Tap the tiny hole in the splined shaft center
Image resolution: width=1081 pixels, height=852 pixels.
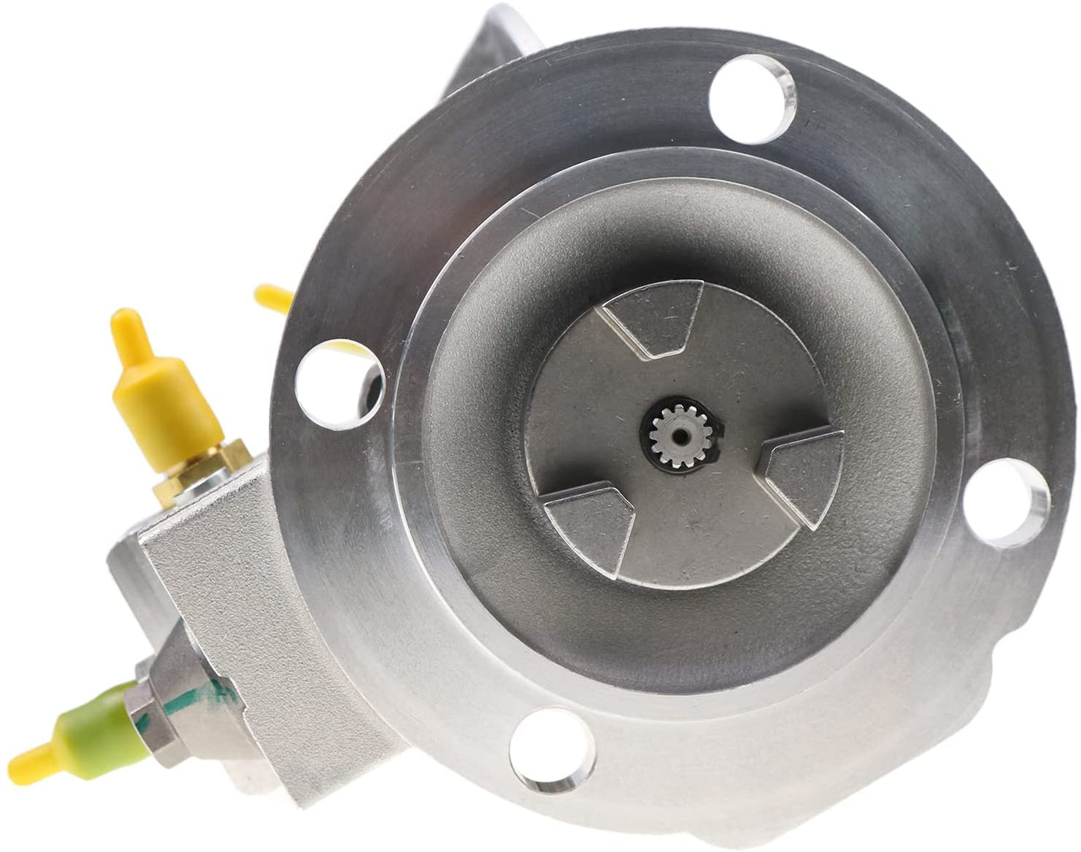(676, 434)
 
